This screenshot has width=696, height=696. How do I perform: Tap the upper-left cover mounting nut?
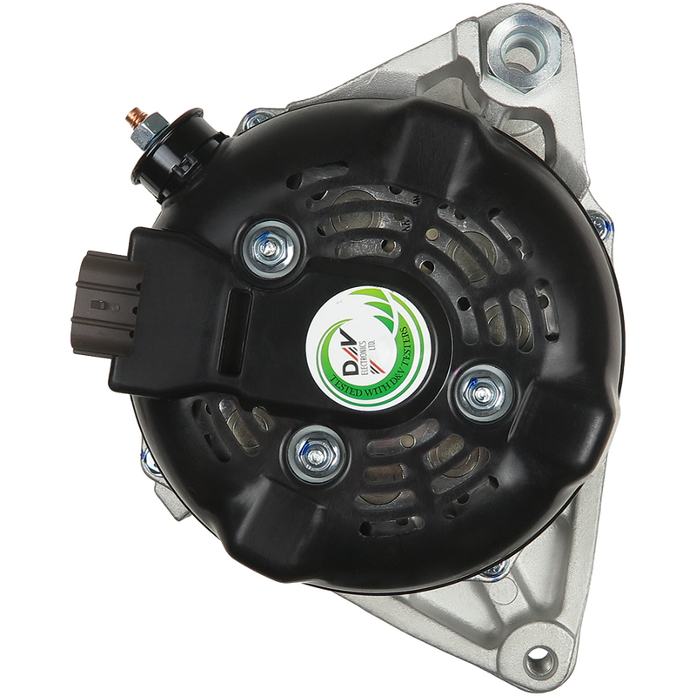pyautogui.click(x=269, y=250)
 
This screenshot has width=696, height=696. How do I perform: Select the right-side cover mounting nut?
pyautogui.click(x=483, y=393)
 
